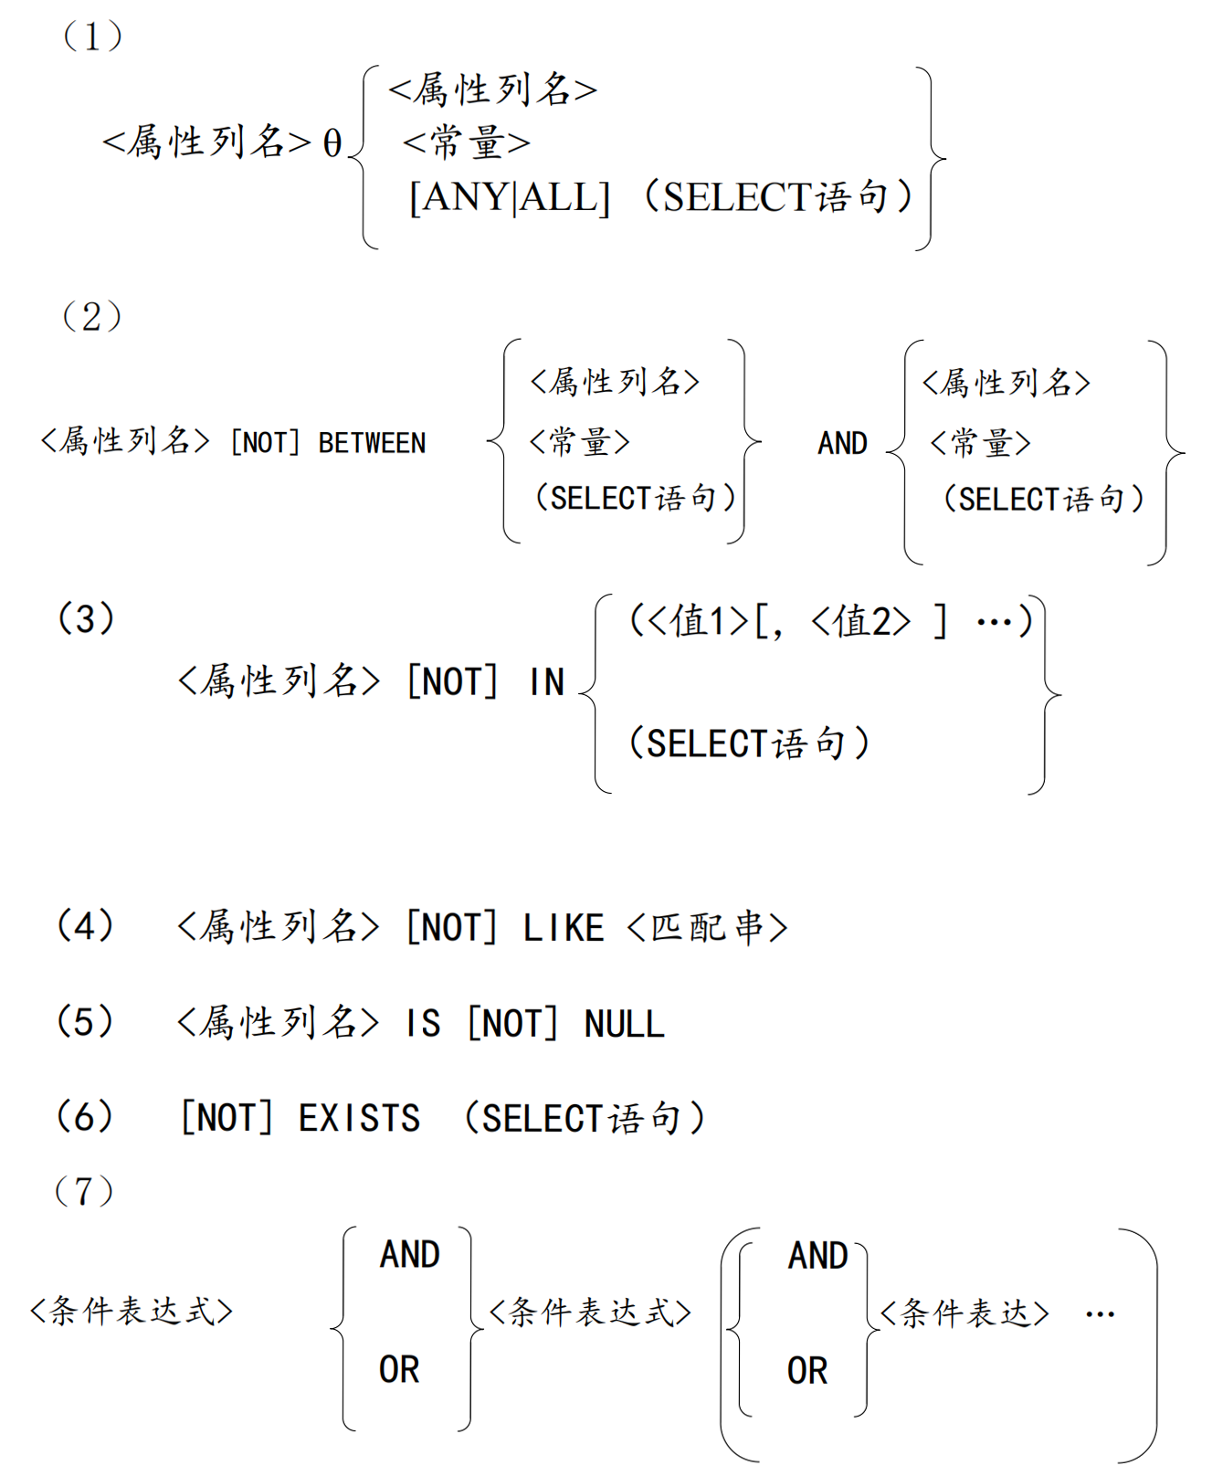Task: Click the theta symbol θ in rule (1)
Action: tap(332, 142)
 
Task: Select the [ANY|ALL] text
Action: tap(509, 196)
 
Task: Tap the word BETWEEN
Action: tap(372, 443)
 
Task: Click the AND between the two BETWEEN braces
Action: tap(842, 443)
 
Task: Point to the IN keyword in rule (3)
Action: tap(546, 682)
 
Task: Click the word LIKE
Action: tap(563, 928)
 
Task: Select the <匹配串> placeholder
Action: tap(707, 928)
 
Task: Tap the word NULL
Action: tap(625, 1024)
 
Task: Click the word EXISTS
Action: tap(359, 1119)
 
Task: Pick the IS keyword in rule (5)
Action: tap(424, 1024)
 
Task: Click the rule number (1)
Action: tap(91, 37)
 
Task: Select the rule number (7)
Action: tap(84, 1191)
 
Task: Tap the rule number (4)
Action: tap(85, 925)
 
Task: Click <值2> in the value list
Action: tap(860, 622)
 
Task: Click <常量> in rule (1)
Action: tap(466, 142)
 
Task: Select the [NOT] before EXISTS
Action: tap(227, 1119)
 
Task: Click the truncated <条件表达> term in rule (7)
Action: tap(964, 1314)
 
